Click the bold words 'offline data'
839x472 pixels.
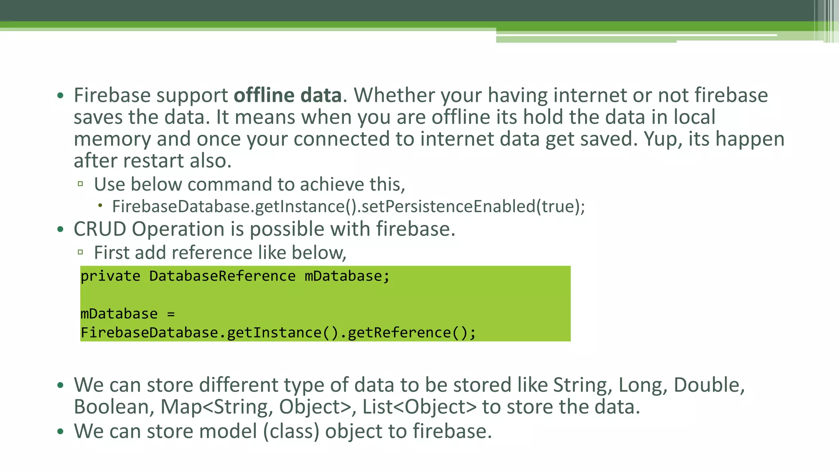click(287, 95)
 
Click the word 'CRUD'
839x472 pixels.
click(100, 229)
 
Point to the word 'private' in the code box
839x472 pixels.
click(110, 276)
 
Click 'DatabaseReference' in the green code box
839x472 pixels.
click(222, 276)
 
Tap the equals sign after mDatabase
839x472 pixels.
click(171, 314)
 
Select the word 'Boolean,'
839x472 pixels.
click(114, 407)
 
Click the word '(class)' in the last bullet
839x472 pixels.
click(291, 431)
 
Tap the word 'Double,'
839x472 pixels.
click(709, 385)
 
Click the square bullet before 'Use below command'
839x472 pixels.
click(80, 184)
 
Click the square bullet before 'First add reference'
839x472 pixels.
click(80, 252)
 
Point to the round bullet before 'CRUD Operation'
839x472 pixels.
click(61, 229)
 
